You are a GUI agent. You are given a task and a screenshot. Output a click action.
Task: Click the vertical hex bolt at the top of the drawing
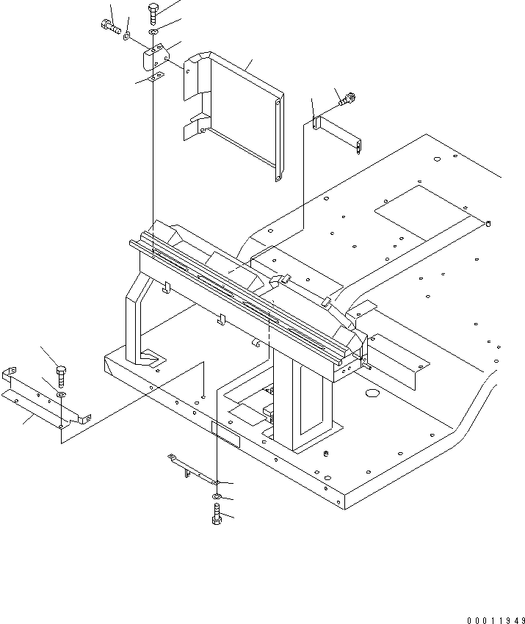click(152, 12)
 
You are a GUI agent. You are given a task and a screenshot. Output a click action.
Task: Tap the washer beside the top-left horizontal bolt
click(128, 35)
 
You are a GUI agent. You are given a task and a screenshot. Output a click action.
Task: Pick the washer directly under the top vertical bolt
click(152, 32)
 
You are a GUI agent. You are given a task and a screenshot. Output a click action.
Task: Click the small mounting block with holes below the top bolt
click(155, 57)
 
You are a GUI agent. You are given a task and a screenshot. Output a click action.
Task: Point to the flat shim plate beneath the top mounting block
click(153, 79)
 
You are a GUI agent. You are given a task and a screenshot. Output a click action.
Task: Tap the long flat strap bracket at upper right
click(338, 135)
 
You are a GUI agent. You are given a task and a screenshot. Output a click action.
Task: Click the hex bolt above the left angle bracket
click(61, 374)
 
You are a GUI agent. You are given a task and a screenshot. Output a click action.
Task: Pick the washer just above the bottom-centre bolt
click(216, 498)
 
